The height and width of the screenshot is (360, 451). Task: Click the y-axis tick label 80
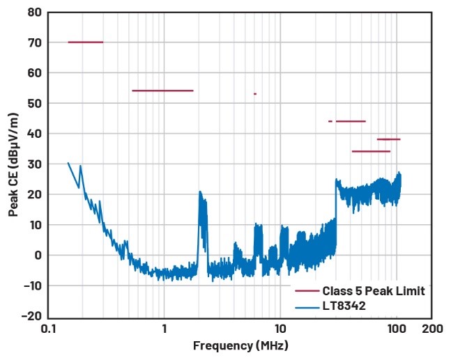click(x=34, y=12)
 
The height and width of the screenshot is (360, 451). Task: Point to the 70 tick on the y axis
click(x=34, y=42)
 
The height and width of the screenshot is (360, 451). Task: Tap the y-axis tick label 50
click(x=34, y=103)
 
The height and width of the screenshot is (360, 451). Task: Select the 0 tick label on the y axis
click(x=38, y=255)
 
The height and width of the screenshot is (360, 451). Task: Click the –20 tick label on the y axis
click(x=31, y=315)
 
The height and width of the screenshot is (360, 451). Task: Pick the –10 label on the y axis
click(x=31, y=285)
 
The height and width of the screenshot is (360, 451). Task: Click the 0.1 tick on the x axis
click(x=48, y=328)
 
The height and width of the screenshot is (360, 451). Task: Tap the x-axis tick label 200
click(x=431, y=328)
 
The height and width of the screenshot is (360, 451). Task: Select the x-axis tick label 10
click(x=280, y=328)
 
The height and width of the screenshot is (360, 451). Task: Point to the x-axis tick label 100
click(x=396, y=328)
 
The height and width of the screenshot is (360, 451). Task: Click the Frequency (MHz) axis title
click(x=240, y=345)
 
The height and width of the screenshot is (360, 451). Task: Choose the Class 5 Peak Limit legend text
click(x=374, y=290)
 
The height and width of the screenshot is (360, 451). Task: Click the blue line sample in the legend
click(x=306, y=305)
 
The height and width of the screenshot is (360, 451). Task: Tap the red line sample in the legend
click(x=306, y=290)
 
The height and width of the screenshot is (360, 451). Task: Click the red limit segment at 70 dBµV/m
click(x=85, y=42)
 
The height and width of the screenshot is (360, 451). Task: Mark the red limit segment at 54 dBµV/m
click(x=162, y=91)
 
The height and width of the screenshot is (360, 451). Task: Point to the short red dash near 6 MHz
click(x=255, y=94)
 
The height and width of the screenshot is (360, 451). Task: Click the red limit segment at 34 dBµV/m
click(x=371, y=151)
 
